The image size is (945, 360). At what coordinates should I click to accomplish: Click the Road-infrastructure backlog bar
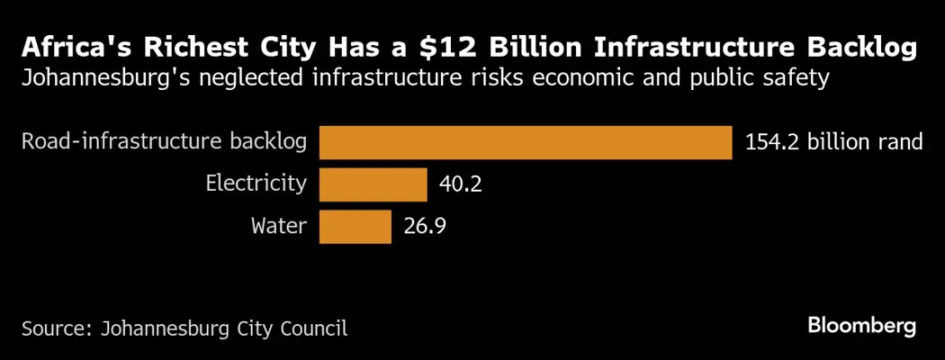pos(526,142)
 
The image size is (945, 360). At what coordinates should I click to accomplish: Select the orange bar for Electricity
pos(373,184)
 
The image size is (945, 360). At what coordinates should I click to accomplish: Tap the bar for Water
pos(355,227)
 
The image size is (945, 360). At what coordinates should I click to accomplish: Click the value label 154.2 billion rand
pos(833,142)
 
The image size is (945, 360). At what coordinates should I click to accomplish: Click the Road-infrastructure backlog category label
pos(163,142)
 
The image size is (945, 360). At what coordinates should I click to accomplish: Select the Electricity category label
pos(256,184)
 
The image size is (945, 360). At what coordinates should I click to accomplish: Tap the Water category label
pos(279,227)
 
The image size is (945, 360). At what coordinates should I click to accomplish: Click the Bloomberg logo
pos(861,326)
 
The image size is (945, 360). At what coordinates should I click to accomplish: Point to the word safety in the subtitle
pos(793,79)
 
